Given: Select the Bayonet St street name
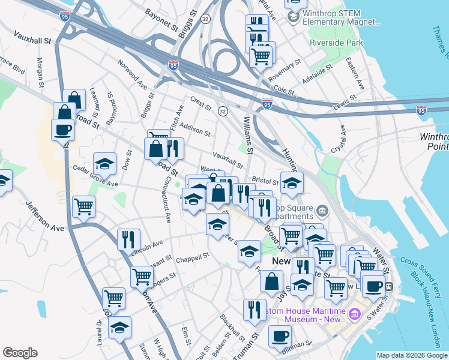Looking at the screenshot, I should pyautogui.click(x=164, y=20).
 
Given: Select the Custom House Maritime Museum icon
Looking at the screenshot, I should pyautogui.click(x=355, y=314).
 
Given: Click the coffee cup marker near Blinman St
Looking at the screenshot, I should pyautogui.click(x=279, y=336).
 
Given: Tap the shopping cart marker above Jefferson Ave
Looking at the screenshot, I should pyautogui.click(x=83, y=206).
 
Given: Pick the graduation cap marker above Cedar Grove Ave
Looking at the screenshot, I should pyautogui.click(x=104, y=163).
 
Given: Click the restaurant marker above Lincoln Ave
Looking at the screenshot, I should pyautogui.click(x=128, y=239).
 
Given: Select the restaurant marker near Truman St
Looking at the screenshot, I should pyautogui.click(x=255, y=309).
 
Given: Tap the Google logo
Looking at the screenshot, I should pyautogui.click(x=20, y=353).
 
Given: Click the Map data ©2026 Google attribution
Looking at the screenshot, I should pyautogui.click(x=411, y=355).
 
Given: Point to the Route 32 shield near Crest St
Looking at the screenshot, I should pyautogui.click(x=223, y=112).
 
